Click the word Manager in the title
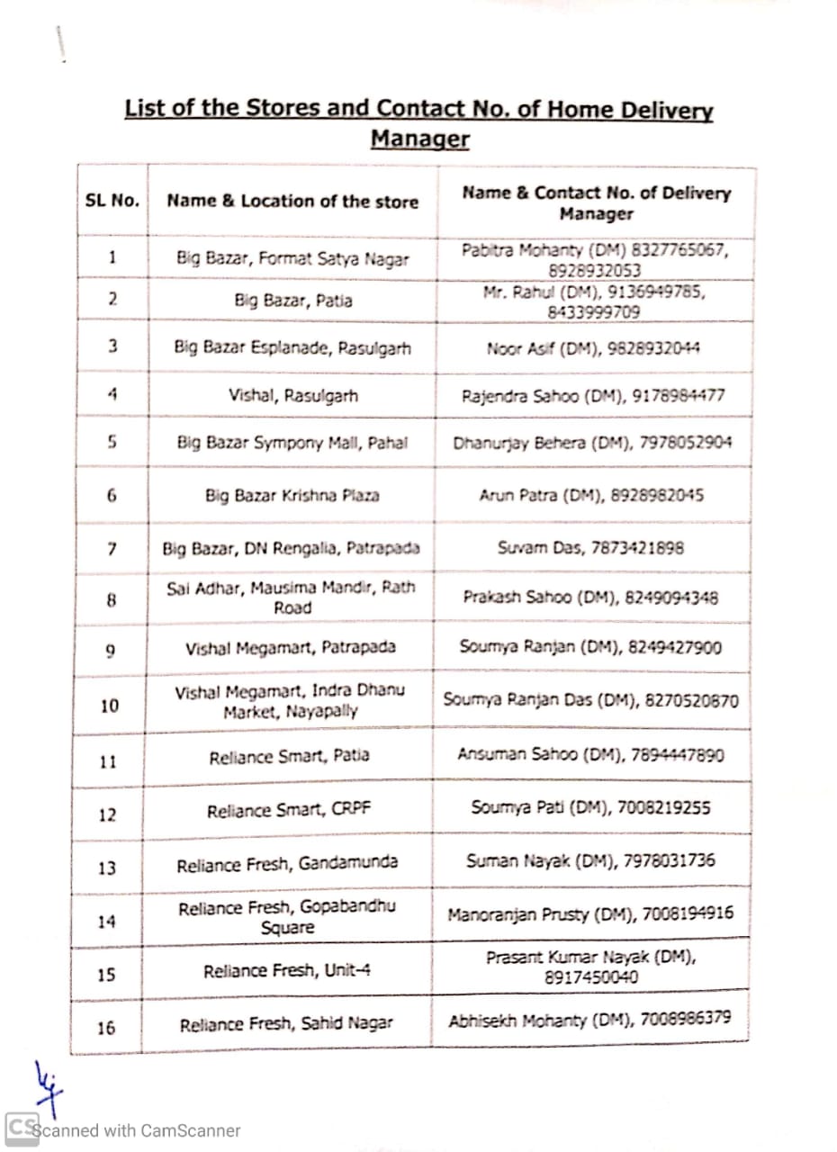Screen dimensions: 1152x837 click(419, 139)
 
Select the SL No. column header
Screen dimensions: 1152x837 click(112, 200)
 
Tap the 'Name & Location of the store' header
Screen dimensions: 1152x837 click(292, 201)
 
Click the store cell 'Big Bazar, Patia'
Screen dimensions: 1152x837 click(292, 301)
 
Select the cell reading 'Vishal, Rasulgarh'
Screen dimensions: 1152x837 click(292, 395)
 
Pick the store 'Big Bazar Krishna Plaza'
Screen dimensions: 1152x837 click(292, 495)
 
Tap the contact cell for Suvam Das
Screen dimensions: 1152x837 click(590, 547)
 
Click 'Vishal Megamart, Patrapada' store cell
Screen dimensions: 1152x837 click(291, 648)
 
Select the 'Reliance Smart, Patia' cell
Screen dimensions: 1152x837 click(289, 757)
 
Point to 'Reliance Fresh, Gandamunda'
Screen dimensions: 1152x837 click(287, 865)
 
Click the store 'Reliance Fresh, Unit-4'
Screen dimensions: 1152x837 click(287, 971)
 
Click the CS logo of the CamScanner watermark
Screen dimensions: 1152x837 click(22, 1129)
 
